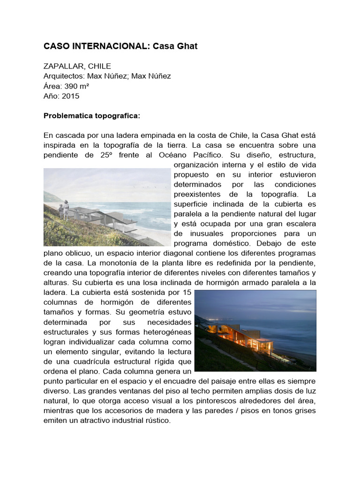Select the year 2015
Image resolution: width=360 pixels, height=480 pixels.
pos(70,96)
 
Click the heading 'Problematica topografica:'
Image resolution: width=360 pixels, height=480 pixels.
pos(85,115)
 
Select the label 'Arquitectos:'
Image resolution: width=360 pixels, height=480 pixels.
pos(64,76)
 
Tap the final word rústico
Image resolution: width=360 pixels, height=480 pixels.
pos(157,420)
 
